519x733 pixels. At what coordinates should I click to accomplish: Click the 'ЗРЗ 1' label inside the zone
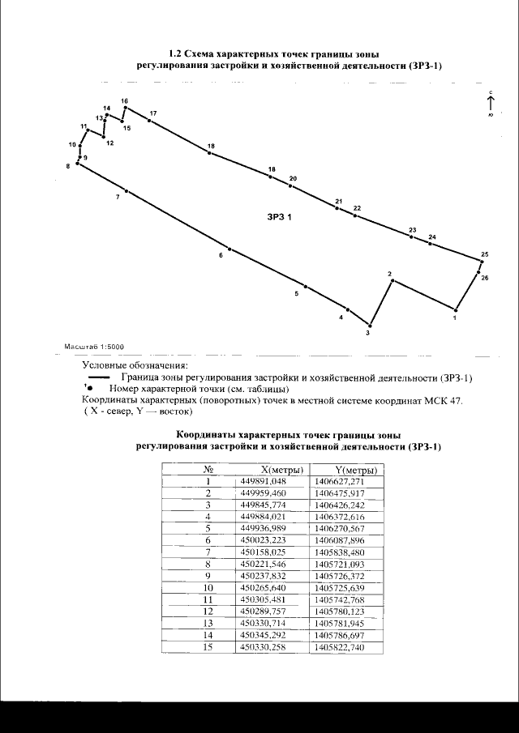coord(278,217)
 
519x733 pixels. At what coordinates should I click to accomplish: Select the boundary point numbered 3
coord(370,323)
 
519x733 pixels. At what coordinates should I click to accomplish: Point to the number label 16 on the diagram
coord(124,101)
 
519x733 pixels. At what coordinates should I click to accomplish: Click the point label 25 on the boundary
coord(484,255)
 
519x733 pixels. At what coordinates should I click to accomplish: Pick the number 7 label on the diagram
coord(118,197)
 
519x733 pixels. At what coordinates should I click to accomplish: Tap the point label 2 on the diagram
coord(390,274)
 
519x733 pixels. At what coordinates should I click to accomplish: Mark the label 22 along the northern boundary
coord(357,208)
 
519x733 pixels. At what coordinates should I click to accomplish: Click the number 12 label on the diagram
coord(109,143)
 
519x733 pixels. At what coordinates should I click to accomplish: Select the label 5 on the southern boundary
coord(296,295)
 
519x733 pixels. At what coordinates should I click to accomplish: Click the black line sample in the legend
coord(99,377)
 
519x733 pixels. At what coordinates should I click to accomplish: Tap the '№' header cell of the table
coord(208,470)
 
